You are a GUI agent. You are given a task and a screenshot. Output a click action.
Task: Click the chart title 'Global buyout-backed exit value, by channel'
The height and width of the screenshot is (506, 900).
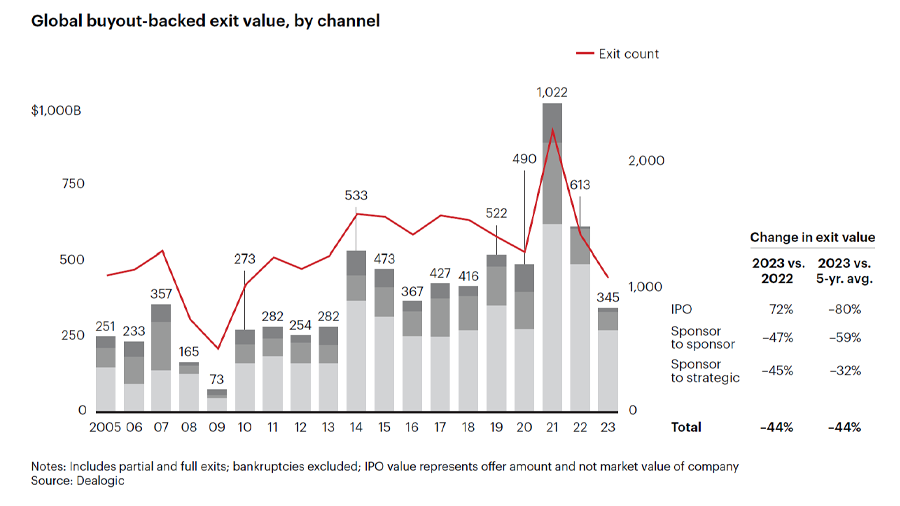tap(206, 20)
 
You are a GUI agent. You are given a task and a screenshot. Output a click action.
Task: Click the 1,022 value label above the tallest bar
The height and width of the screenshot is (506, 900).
tap(552, 92)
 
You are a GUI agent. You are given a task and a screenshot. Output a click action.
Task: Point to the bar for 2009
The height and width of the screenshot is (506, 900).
tap(217, 400)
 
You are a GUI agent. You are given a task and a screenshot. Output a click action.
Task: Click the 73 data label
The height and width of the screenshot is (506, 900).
tap(217, 380)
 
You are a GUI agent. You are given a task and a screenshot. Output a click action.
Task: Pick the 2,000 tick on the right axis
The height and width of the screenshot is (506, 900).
tap(646, 160)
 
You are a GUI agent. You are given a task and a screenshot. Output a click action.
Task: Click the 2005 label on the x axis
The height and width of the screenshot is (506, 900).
tap(104, 427)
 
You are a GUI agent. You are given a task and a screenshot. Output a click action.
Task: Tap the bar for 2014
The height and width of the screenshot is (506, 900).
tap(356, 330)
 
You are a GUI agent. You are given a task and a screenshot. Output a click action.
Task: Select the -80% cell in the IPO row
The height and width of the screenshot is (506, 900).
tap(844, 310)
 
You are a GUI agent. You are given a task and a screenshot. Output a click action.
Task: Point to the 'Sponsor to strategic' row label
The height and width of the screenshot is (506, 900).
tap(703, 371)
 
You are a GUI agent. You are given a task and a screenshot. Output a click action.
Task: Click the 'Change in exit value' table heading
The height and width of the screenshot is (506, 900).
tap(812, 237)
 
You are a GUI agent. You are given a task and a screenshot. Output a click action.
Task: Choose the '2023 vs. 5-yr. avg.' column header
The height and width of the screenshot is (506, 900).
tap(844, 271)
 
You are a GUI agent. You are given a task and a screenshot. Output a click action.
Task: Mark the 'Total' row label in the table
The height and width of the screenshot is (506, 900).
tap(686, 427)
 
